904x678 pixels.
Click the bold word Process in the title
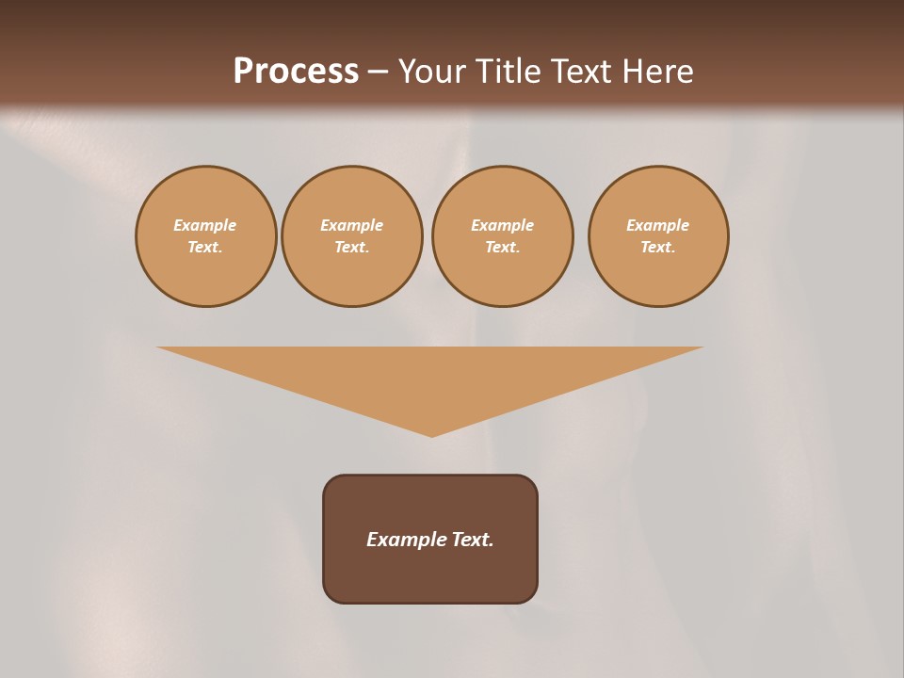tap(296, 72)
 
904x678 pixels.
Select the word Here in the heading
tap(658, 72)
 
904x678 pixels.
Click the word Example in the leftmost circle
tap(205, 225)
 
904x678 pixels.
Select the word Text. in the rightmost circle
tap(658, 247)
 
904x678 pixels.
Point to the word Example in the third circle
tap(502, 225)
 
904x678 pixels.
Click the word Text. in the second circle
tap(351, 247)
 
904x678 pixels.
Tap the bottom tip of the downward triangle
tap(431, 434)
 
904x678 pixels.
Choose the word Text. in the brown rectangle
tap(472, 540)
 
